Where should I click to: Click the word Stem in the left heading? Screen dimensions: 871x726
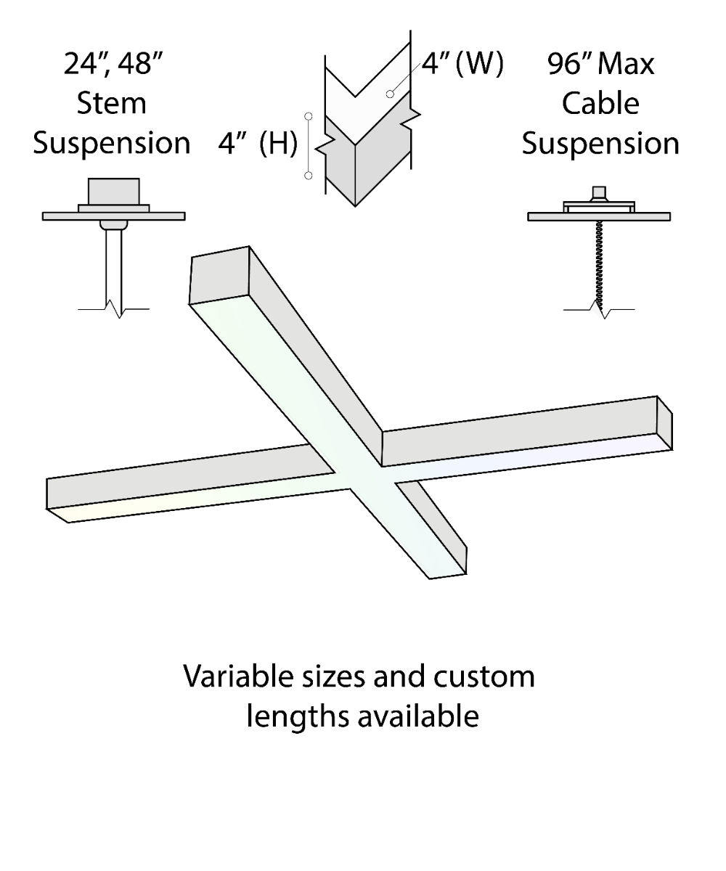coord(111,103)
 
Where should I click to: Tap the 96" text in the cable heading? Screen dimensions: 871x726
coord(571,64)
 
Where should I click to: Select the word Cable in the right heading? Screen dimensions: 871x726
coord(600,103)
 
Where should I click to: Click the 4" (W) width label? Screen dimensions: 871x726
coord(462,64)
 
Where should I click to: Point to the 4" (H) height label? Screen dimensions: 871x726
coord(258,144)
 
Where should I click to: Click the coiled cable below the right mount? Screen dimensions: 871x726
coord(600,265)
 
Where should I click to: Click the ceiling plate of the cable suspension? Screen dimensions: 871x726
coord(599,216)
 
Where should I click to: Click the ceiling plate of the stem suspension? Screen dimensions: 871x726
coord(113,216)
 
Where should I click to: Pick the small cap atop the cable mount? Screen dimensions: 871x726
coord(600,193)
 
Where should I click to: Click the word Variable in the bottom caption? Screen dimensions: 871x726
coord(231,676)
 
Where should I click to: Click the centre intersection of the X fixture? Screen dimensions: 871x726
coord(363,475)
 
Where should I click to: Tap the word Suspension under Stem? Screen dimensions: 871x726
coord(111,144)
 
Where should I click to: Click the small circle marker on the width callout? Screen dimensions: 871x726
coord(391,94)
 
